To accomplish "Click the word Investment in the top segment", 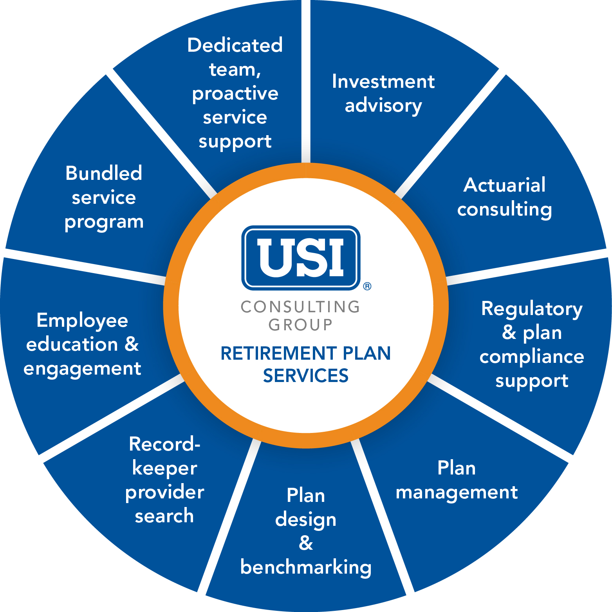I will (x=383, y=82).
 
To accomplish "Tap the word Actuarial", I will (x=504, y=185).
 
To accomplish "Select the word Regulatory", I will (x=532, y=310).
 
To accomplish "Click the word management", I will (x=457, y=492).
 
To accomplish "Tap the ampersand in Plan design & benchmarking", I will (x=306, y=543).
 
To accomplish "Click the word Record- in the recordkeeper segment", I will (x=164, y=444).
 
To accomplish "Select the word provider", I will (x=164, y=492).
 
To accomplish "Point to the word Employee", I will (x=82, y=321).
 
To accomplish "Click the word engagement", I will (x=82, y=369).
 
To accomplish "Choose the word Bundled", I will (x=104, y=173).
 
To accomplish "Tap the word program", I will (x=104, y=222).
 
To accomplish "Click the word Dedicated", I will (x=235, y=45).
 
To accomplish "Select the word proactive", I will (x=235, y=94).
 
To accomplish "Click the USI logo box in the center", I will (x=301, y=257).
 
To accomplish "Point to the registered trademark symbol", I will (x=367, y=286).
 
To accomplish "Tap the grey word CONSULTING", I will (x=300, y=307).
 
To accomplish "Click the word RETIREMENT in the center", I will (x=279, y=353).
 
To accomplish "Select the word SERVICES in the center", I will (x=305, y=376).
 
